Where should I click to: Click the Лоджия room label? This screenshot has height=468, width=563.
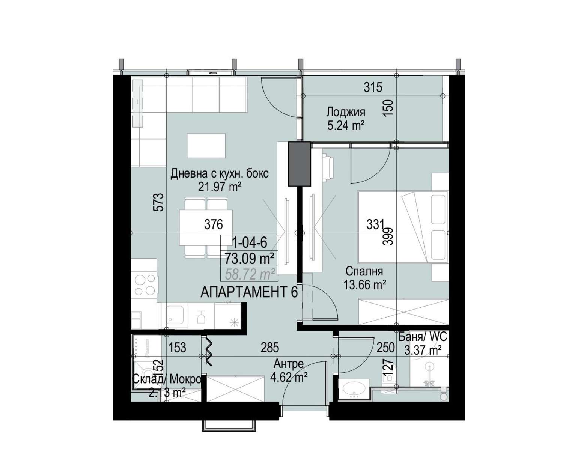point(346,112)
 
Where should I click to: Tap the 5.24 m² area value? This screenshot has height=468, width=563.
point(346,125)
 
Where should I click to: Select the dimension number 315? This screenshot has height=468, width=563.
point(373,87)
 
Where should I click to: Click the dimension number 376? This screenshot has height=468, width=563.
point(214,224)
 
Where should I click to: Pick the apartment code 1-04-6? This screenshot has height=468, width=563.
point(250,242)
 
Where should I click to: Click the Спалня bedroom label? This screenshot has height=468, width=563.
point(364,271)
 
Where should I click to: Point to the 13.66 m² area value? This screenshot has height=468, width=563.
point(364,285)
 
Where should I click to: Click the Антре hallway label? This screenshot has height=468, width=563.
point(289,364)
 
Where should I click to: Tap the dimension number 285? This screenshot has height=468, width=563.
point(269,348)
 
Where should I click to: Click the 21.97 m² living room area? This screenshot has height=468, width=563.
point(220,187)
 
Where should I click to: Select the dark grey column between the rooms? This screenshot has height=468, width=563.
point(299,164)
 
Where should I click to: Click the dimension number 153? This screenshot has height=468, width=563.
point(177,348)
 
